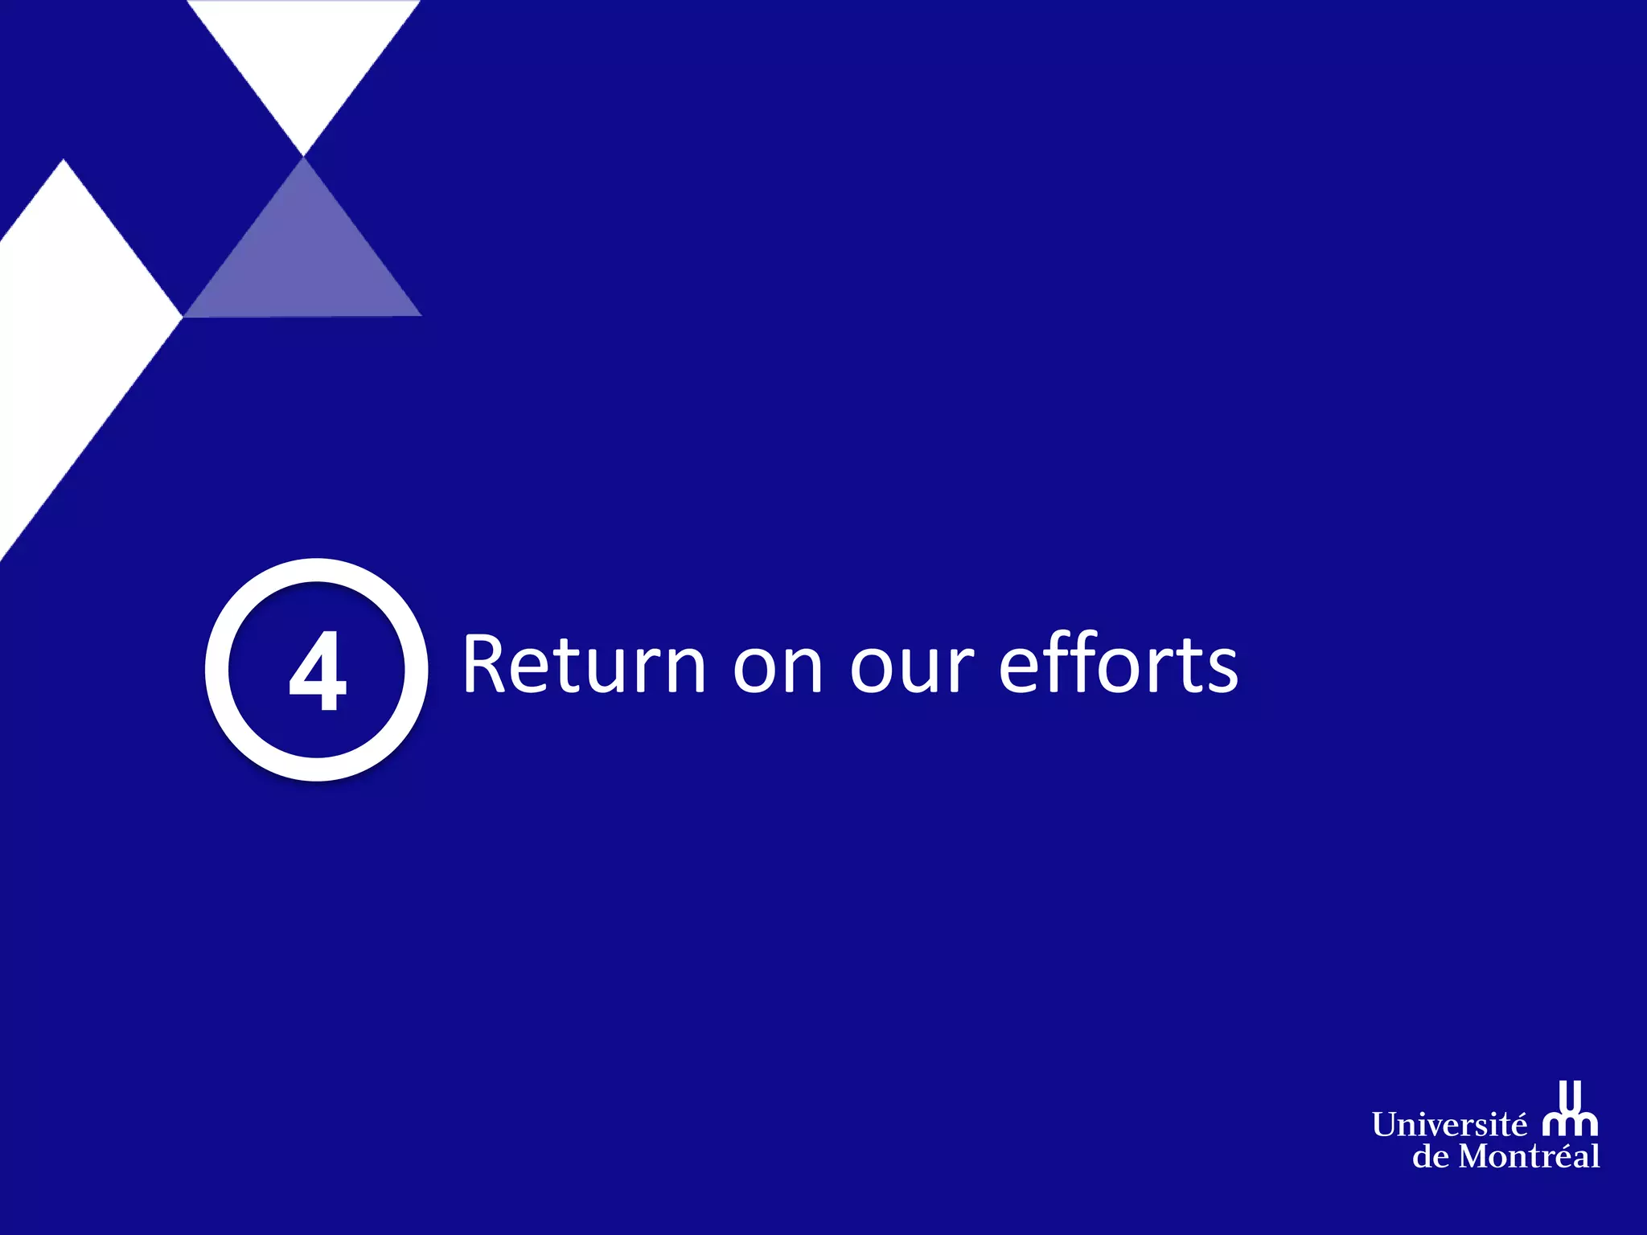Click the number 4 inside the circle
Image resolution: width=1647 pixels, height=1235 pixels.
click(318, 671)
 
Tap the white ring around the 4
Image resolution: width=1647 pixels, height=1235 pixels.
click(217, 670)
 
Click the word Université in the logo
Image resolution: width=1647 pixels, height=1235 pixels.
click(1448, 1125)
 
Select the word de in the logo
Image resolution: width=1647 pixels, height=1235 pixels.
click(1431, 1157)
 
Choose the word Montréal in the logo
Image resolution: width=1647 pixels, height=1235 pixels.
click(1529, 1157)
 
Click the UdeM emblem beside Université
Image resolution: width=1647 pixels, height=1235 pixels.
click(1571, 1110)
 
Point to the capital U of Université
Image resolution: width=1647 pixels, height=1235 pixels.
click(1385, 1125)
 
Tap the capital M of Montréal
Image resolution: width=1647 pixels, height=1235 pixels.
click(1475, 1157)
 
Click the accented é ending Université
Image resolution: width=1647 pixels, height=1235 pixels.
click(1518, 1125)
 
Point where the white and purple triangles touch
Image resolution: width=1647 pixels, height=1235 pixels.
click(304, 156)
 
